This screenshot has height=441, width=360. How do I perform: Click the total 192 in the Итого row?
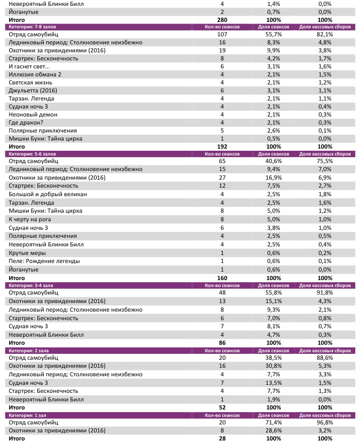click(x=222, y=146)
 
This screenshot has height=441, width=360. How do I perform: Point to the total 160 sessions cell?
click(x=222, y=278)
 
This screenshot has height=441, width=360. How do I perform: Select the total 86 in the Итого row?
click(x=222, y=342)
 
